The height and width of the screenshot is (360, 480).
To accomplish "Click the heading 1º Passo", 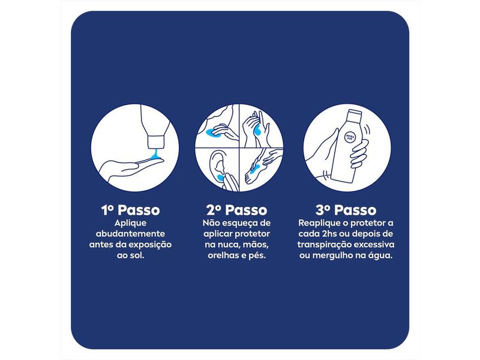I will click(130, 211).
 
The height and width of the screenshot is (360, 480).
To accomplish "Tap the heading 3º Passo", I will click(346, 211).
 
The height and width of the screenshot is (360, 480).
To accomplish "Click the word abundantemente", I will click(130, 233).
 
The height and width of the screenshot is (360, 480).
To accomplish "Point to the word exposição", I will click(151, 244).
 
